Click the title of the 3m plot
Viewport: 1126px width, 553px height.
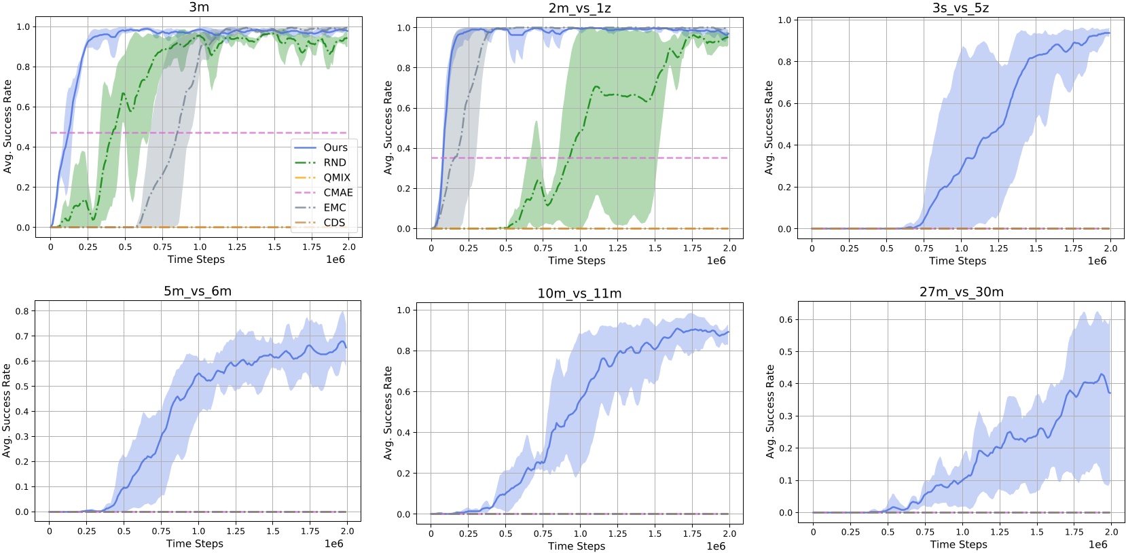[198, 7]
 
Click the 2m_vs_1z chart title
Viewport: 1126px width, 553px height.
[579, 8]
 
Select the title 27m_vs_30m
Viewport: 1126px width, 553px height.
[961, 292]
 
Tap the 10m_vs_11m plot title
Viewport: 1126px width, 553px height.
[579, 293]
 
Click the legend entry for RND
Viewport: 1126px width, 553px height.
[335, 162]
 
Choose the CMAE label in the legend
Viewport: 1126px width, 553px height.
[338, 192]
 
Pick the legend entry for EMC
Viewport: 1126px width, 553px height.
[335, 207]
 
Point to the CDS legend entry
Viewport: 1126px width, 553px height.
[334, 222]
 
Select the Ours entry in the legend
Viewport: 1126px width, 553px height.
[335, 147]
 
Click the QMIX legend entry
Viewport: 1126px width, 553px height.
[337, 177]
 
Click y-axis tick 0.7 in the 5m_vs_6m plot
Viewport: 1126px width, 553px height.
[22, 336]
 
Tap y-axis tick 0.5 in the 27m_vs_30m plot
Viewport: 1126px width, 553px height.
[785, 352]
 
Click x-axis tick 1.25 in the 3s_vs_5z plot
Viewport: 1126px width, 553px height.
[998, 249]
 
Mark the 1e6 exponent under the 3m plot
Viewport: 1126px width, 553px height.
[335, 260]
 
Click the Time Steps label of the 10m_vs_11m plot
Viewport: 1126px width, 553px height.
[577, 546]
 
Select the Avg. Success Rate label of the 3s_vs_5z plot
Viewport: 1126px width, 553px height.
[769, 128]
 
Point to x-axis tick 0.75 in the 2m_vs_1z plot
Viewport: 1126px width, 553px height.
[543, 248]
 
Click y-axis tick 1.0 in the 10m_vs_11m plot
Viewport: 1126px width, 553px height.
[403, 310]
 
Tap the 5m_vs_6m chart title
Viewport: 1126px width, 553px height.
[198, 291]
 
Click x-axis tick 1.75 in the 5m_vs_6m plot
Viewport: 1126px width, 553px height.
[310, 531]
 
